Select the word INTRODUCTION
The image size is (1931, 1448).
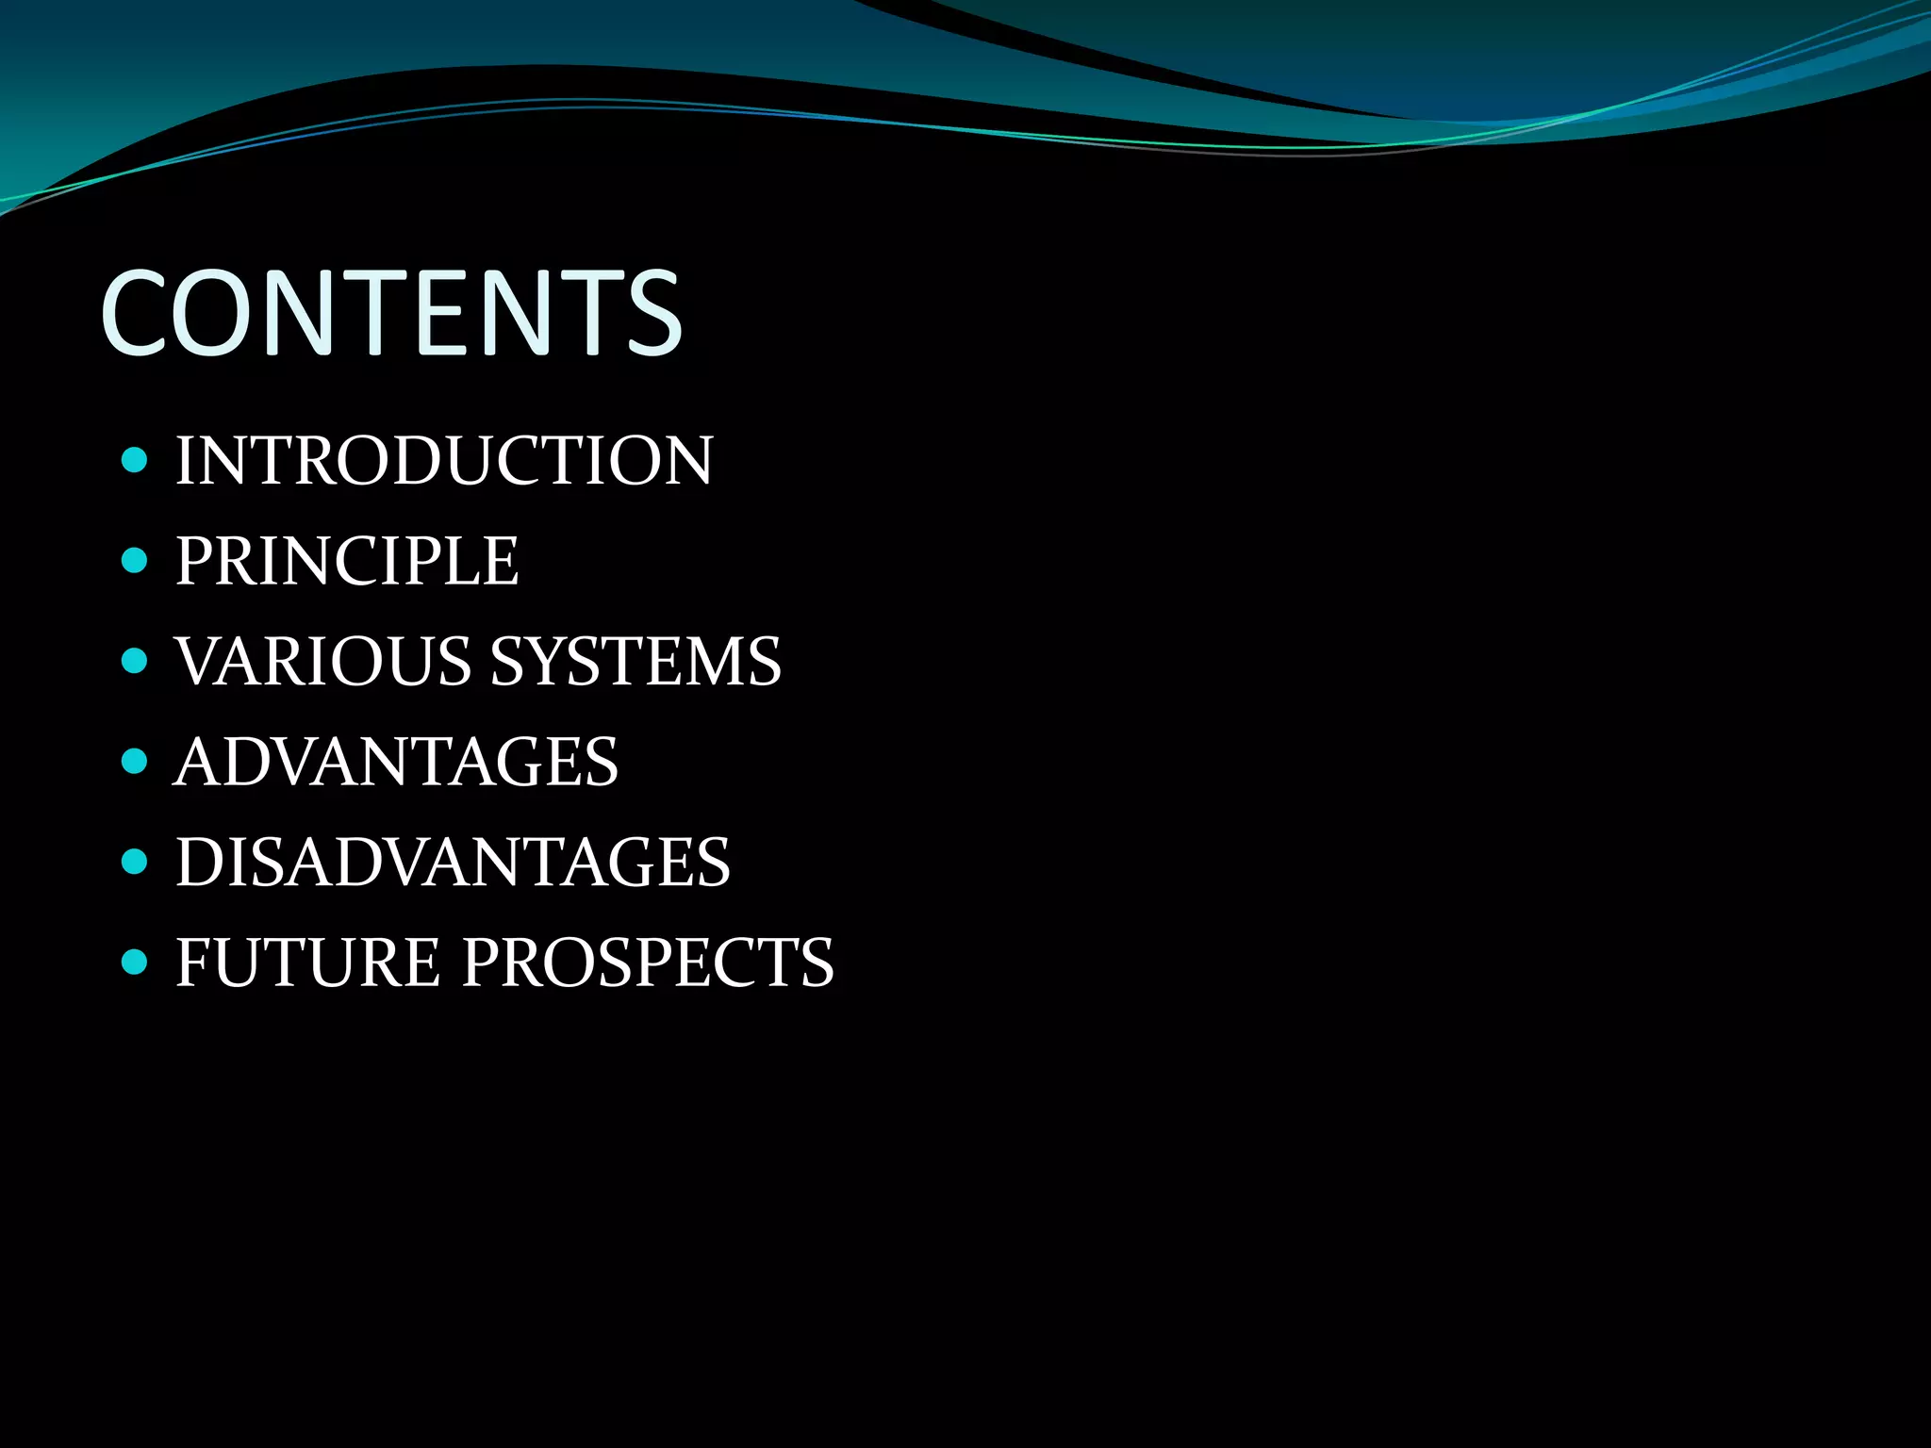coord(444,461)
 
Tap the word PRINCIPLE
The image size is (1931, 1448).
coord(347,561)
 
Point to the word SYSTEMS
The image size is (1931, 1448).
coord(636,661)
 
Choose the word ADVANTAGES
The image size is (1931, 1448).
coord(397,762)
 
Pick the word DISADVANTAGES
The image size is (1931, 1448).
coord(453,862)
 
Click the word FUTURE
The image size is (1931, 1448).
coord(308,963)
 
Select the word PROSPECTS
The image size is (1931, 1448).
coord(648,963)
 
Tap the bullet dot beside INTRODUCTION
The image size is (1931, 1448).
coord(135,461)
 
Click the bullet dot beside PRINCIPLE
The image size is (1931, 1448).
coord(135,561)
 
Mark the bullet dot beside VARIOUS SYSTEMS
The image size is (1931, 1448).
coord(135,660)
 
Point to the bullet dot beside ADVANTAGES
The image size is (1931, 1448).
coord(135,761)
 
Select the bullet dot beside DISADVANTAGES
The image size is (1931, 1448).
coord(135,861)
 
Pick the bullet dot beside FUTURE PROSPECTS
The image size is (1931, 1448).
coord(135,962)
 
